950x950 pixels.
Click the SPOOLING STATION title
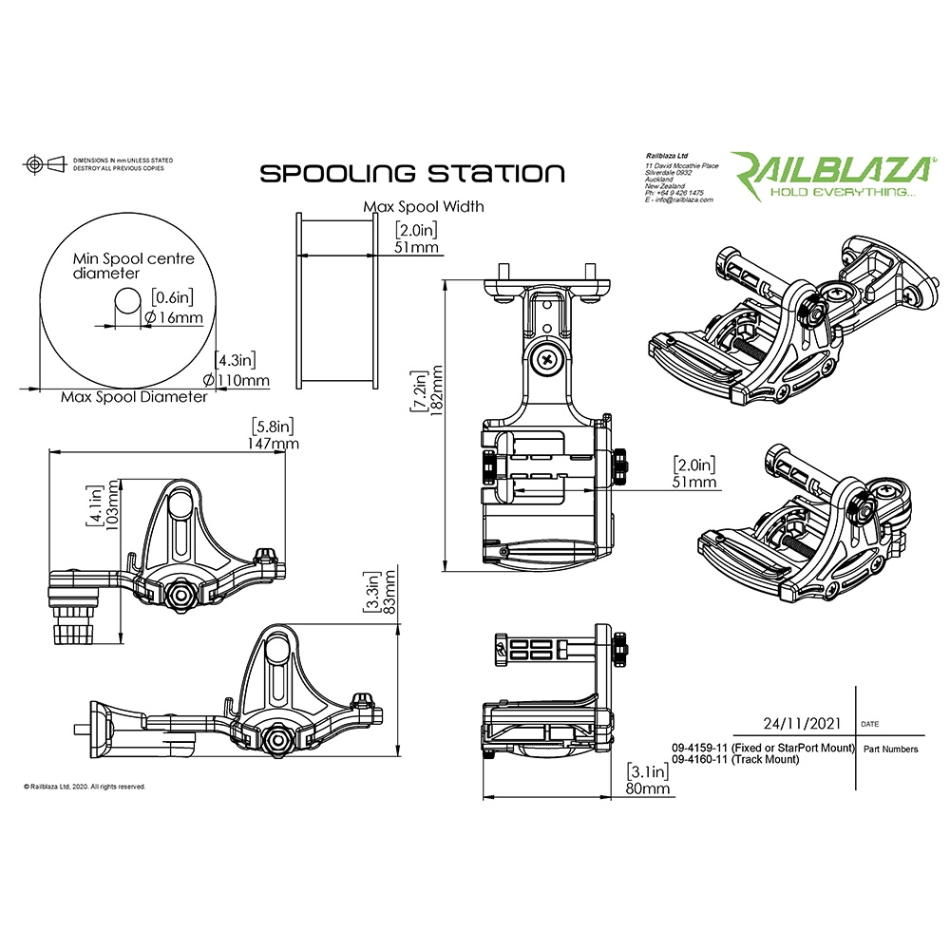pyautogui.click(x=412, y=174)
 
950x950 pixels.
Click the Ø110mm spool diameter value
pyautogui.click(x=242, y=381)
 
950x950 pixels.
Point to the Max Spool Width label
pyautogui.click(x=424, y=206)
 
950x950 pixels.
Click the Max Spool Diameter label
pyautogui.click(x=133, y=396)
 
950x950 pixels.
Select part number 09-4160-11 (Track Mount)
pyautogui.click(x=734, y=760)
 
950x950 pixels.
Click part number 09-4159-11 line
pyautogui.click(x=763, y=749)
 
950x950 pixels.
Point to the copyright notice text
pyautogui.click(x=85, y=787)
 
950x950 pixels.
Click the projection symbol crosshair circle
pyautogui.click(x=34, y=164)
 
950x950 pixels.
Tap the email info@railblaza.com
pyautogui.click(x=678, y=200)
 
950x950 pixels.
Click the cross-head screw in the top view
pyautogui.click(x=549, y=359)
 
